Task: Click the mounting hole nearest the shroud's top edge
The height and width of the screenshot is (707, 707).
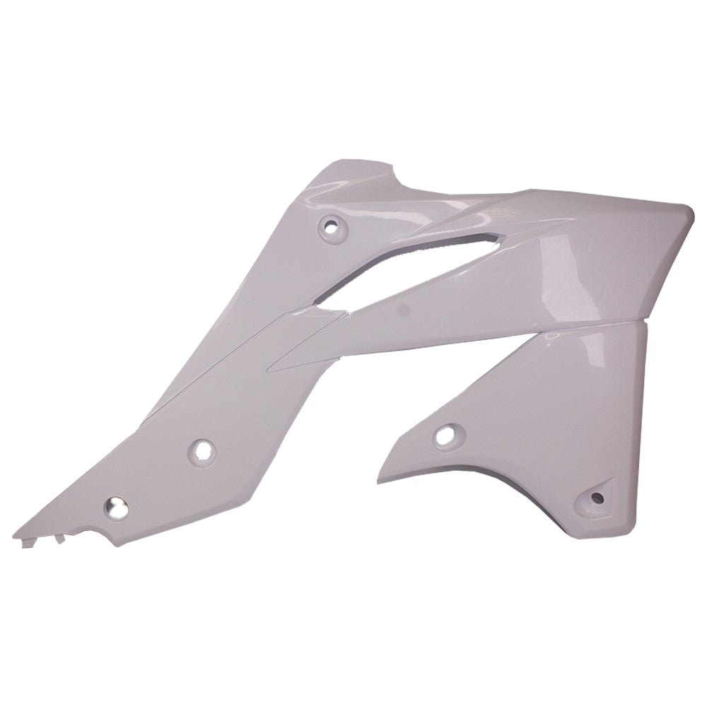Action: (329, 227)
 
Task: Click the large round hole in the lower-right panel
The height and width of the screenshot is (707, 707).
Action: (445, 436)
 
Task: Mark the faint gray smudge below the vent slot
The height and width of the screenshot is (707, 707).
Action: (401, 309)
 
